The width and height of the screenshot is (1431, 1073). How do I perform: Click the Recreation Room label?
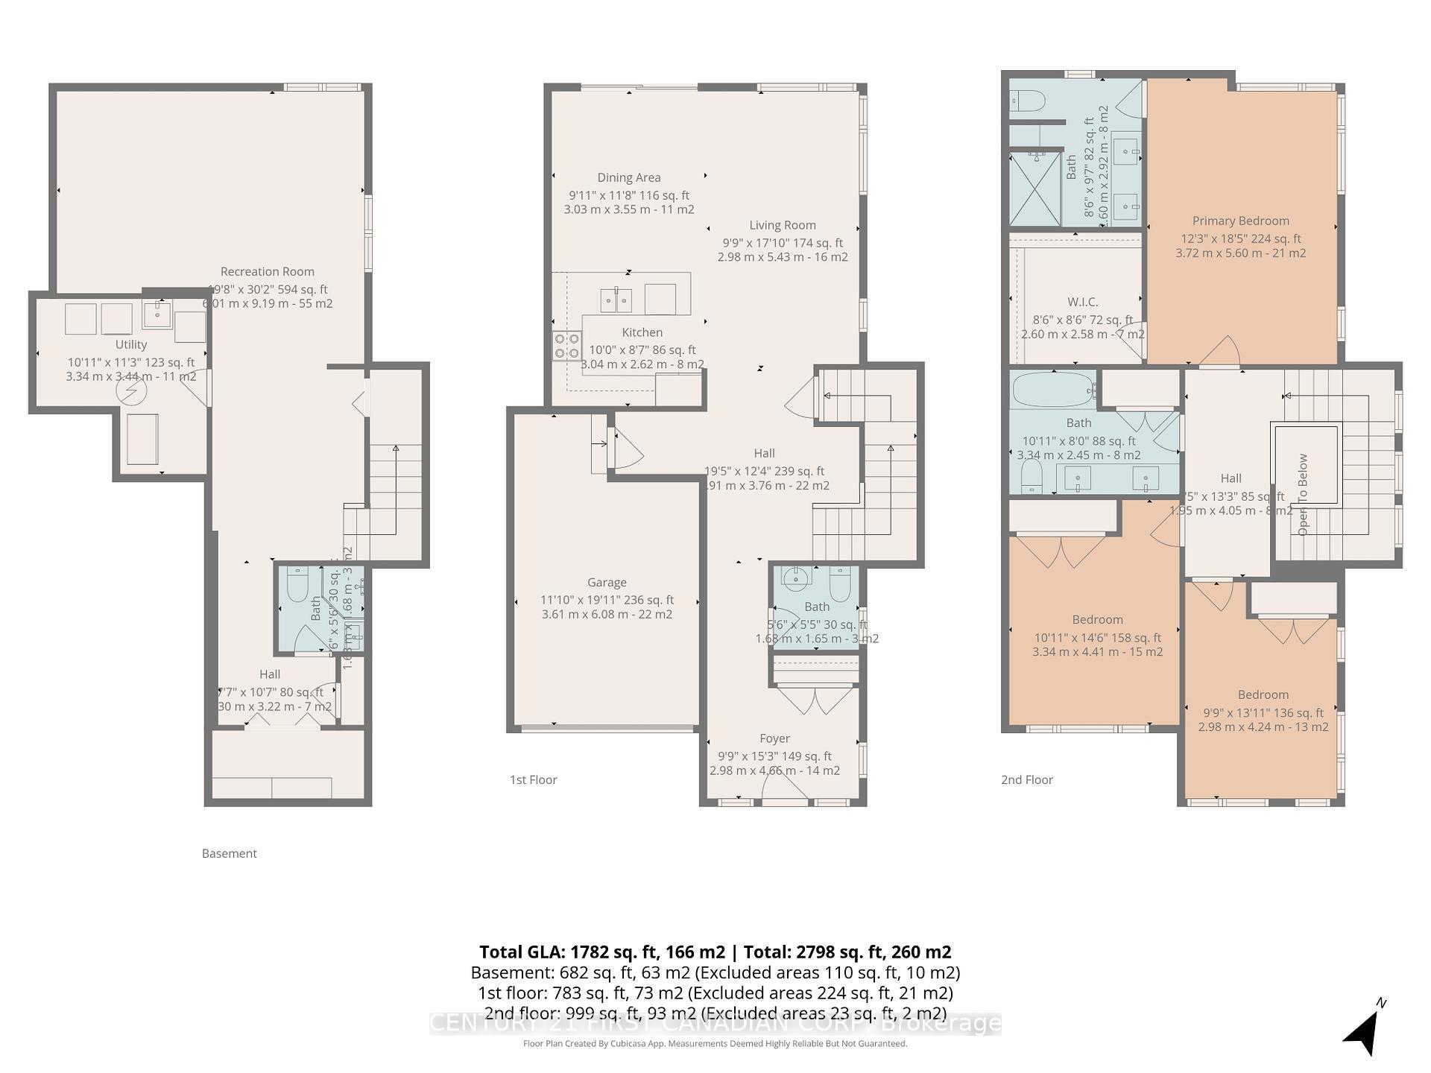pos(267,272)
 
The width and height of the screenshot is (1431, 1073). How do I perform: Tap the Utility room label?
pos(131,344)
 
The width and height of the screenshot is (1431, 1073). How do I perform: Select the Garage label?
pos(607,583)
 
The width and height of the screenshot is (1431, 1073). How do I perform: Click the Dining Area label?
pos(629,177)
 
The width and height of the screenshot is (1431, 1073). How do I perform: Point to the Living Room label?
pos(783,225)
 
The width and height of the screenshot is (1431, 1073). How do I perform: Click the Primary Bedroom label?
pos(1240,221)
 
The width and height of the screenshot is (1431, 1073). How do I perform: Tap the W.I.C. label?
pos(1082,302)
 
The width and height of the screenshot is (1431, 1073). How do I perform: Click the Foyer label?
pos(774,738)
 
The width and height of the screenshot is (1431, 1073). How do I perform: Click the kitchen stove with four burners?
pos(566,346)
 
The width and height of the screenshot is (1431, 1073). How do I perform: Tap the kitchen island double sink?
pos(616,300)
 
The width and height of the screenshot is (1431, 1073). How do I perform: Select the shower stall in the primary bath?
pos(1034,189)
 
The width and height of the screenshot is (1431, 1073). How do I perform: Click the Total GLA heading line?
pos(715,952)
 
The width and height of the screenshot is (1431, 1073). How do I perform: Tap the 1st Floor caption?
pos(533,780)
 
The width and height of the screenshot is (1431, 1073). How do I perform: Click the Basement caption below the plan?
pos(229,854)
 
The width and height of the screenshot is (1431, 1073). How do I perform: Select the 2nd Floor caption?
pos(1026,780)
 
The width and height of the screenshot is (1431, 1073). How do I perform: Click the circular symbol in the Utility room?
pos(131,390)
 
